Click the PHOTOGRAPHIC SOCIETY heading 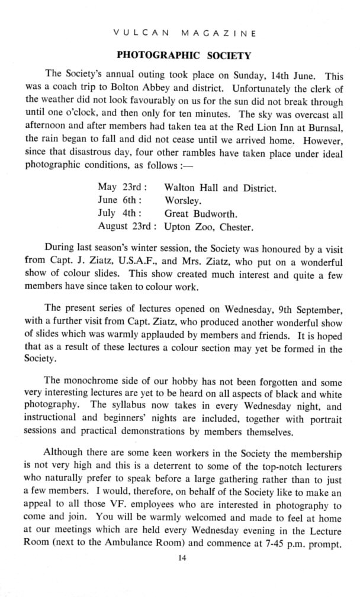click(x=184, y=56)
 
